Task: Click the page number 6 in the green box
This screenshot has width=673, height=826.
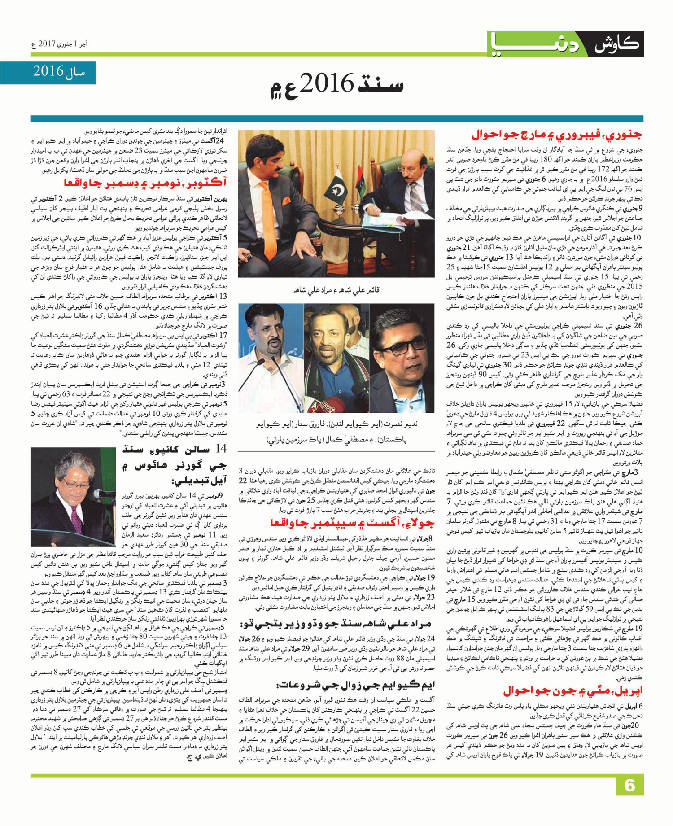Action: (629, 786)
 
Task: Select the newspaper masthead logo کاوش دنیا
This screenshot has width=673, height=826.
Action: (566, 44)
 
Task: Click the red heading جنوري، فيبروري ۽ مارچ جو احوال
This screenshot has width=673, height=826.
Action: (556, 135)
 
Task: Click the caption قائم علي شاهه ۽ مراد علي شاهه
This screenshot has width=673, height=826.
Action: (336, 290)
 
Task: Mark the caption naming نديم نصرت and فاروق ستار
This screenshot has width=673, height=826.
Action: (336, 431)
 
